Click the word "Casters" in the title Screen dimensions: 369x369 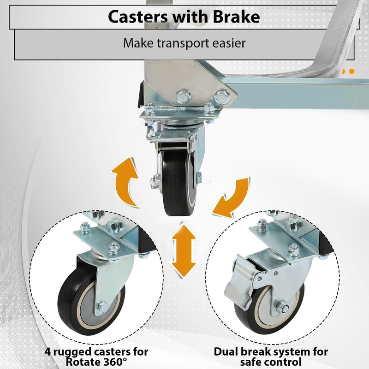[x=138, y=17]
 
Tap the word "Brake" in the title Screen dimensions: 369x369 [x=236, y=17]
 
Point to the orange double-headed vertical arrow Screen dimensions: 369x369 [x=184, y=250]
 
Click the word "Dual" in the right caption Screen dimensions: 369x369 [x=226, y=352]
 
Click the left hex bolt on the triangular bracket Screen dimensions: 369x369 [x=183, y=95]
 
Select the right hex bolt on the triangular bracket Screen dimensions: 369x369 [x=222, y=96]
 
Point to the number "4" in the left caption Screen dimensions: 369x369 [x=48, y=352]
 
